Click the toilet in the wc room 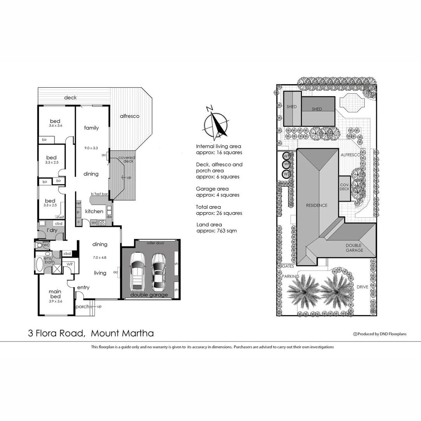pyautogui.click(x=39, y=245)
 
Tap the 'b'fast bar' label pyautogui.click(x=99, y=194)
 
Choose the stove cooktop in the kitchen pyautogui.click(x=102, y=223)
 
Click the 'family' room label pyautogui.click(x=92, y=128)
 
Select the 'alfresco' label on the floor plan pyautogui.click(x=129, y=116)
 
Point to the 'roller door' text pyautogui.click(x=155, y=243)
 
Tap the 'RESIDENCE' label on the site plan pyautogui.click(x=316, y=205)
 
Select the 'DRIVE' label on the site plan pyautogui.click(x=362, y=287)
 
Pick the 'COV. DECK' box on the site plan pyautogui.click(x=345, y=188)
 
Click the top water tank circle pyautogui.click(x=287, y=156)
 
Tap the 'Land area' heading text pyautogui.click(x=209, y=225)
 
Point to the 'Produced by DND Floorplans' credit pyautogui.click(x=374, y=334)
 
